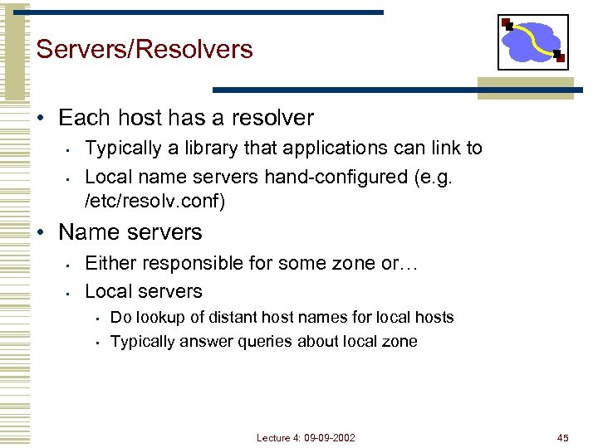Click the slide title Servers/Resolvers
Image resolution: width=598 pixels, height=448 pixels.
(x=145, y=49)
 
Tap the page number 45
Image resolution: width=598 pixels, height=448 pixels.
(x=562, y=437)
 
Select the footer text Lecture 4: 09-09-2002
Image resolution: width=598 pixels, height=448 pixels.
(x=306, y=437)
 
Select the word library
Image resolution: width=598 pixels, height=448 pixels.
(x=199, y=148)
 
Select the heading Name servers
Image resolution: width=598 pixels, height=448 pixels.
(x=130, y=232)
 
